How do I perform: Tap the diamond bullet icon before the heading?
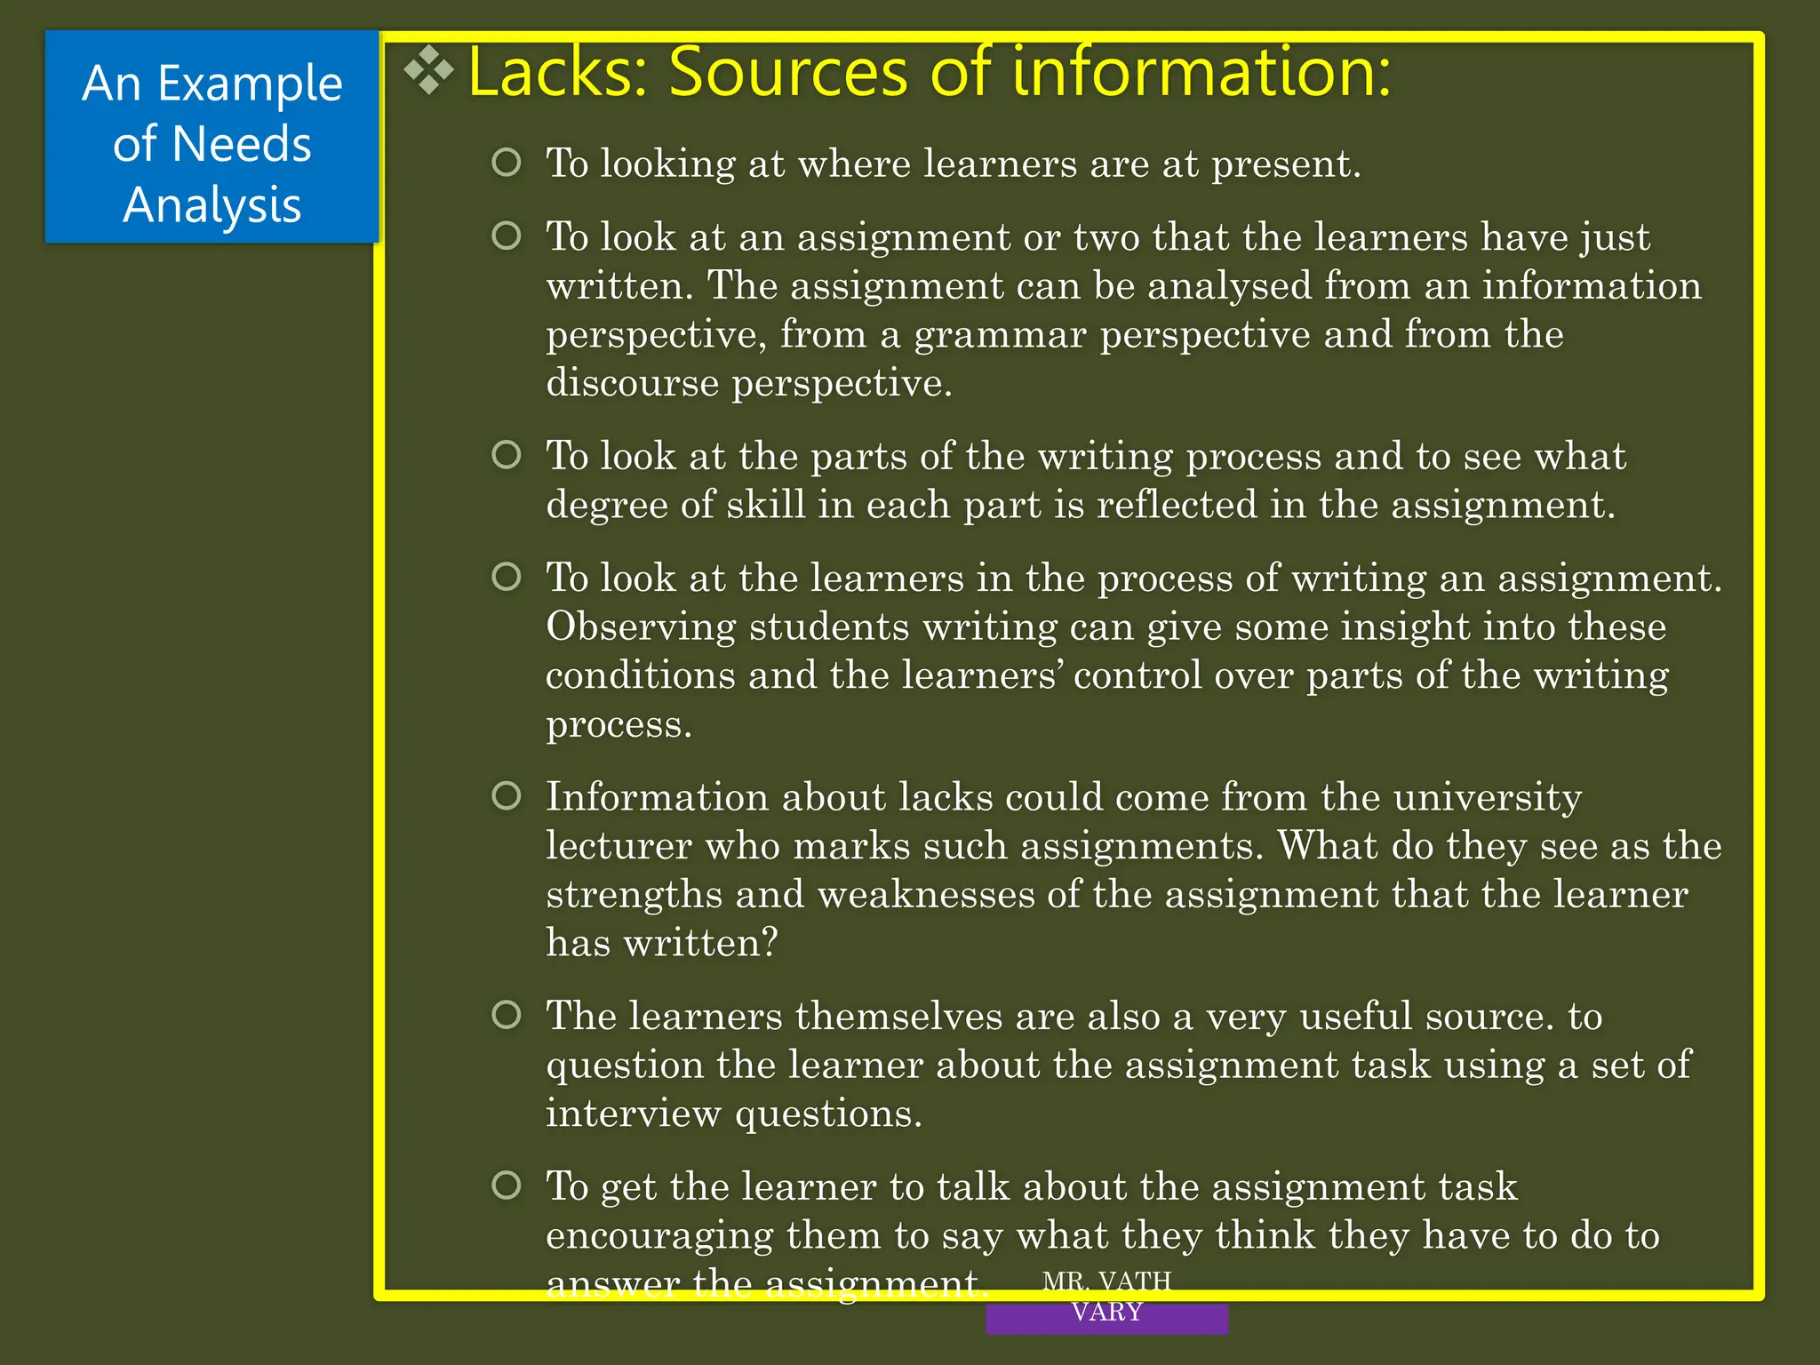(x=429, y=69)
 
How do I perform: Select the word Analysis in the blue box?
(x=212, y=204)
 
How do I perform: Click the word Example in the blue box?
(x=250, y=84)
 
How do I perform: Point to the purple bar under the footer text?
(x=1106, y=1321)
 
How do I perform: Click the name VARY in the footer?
(x=1106, y=1311)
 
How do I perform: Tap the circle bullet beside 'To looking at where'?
(x=507, y=162)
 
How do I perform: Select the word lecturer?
(x=619, y=845)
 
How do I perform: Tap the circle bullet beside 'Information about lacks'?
(x=507, y=795)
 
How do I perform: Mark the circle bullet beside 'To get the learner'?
(x=507, y=1185)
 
